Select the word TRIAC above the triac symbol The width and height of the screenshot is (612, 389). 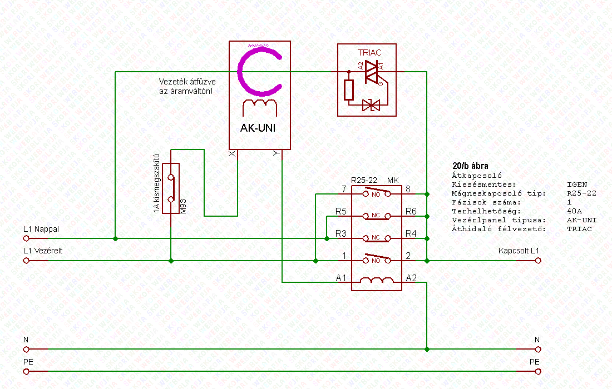point(369,53)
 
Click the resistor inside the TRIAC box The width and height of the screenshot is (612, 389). point(349,89)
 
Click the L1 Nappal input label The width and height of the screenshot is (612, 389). point(41,229)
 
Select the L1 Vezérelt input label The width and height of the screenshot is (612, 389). point(43,251)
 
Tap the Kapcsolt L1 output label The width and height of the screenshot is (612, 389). point(519,251)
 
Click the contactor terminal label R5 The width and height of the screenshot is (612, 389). point(341,212)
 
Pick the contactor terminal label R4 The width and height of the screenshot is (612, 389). point(411,234)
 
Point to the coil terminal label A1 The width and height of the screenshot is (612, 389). point(341,277)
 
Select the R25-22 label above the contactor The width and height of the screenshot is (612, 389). point(365,180)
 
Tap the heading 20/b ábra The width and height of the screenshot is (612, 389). point(471,166)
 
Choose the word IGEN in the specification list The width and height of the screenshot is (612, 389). point(576,184)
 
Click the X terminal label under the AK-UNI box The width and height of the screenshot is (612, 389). point(232,154)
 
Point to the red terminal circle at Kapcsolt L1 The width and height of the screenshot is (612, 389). point(538,260)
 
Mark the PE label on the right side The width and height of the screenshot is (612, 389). point(535,362)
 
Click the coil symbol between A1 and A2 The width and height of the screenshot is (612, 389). point(376,281)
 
